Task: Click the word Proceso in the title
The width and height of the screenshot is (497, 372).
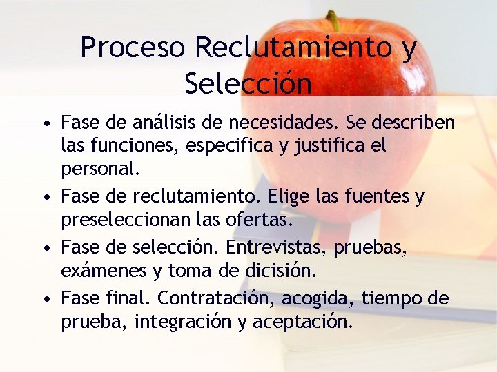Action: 133,48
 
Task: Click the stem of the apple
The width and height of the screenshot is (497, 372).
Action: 333,20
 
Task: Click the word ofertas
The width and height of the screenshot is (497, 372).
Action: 260,220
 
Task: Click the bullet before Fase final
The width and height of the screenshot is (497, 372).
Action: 45,300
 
